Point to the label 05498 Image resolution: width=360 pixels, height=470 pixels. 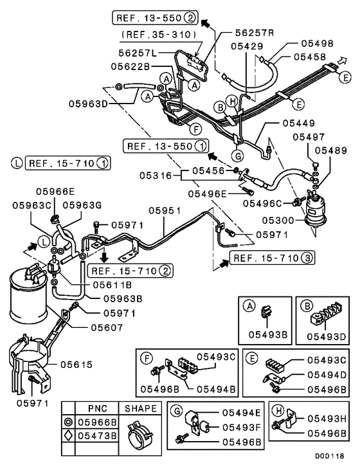pos(316,44)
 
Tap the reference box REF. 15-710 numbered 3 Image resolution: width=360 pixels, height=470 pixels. pos(264,258)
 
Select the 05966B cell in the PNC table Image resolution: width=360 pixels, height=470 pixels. pos(96,422)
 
